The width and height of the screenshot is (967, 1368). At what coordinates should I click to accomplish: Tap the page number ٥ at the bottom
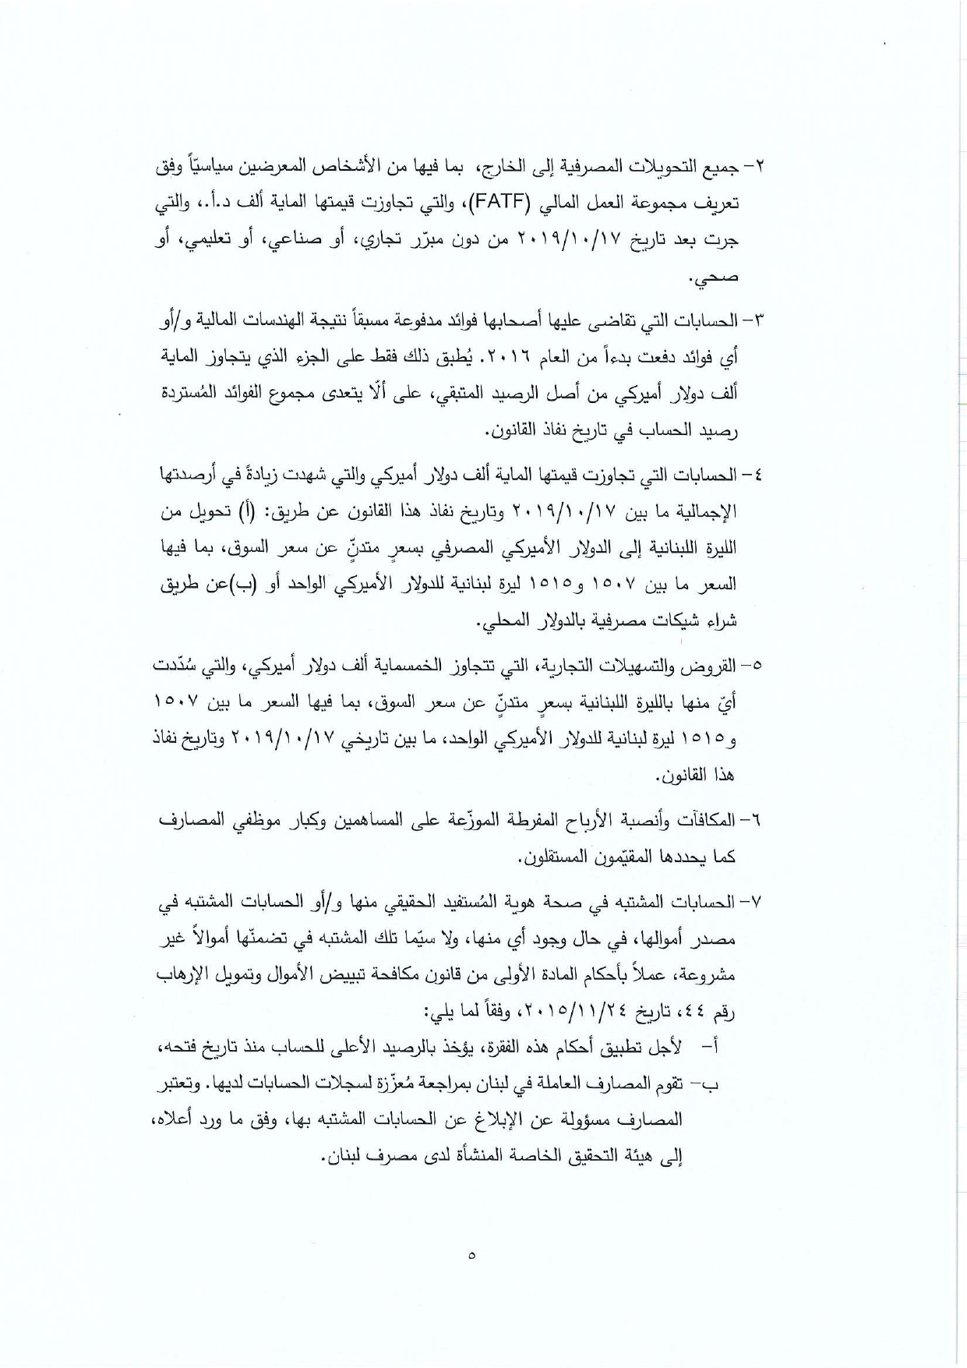tap(473, 1255)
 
